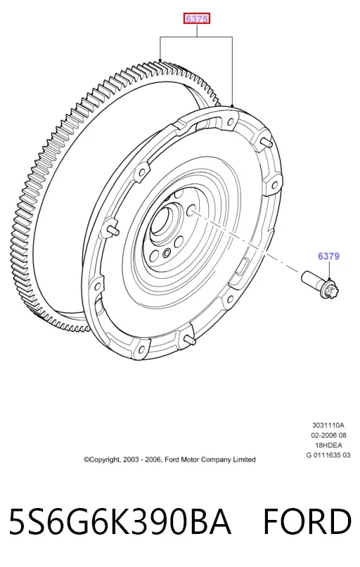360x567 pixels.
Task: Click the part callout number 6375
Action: click(197, 18)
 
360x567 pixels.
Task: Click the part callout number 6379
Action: click(328, 256)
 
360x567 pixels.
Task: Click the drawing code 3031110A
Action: click(328, 425)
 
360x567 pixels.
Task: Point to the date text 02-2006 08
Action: click(328, 436)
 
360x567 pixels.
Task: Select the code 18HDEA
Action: click(328, 445)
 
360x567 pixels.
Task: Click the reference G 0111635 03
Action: click(328, 455)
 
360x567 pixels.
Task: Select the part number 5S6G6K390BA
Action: click(120, 522)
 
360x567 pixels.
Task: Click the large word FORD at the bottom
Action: click(307, 522)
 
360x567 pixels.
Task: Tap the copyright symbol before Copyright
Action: click(86, 460)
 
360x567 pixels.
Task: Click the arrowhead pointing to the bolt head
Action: click(329, 278)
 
